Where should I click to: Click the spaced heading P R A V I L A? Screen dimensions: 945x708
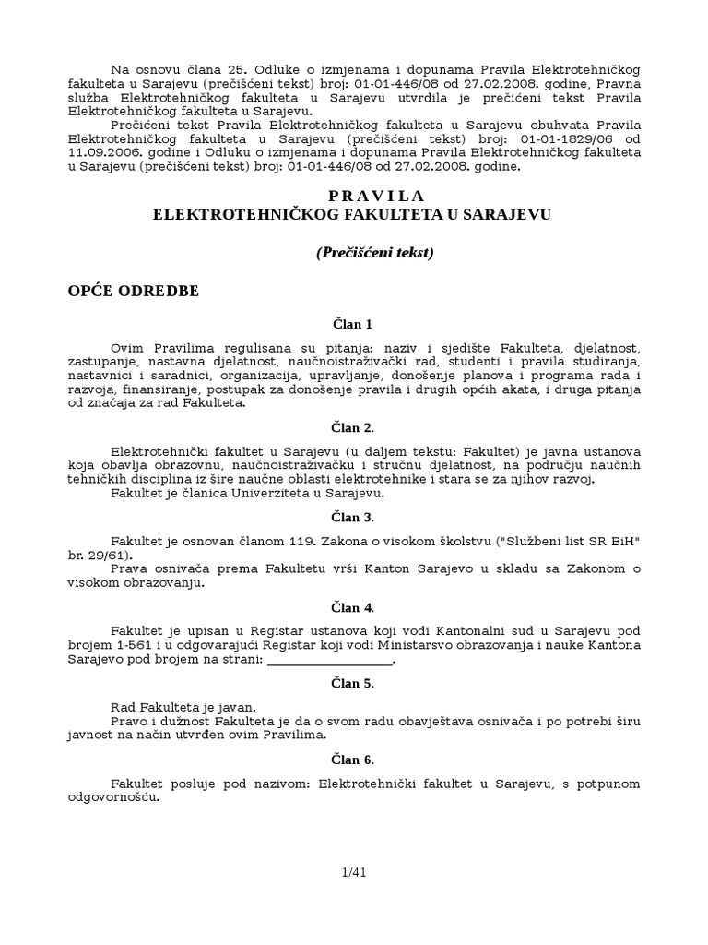pos(376,196)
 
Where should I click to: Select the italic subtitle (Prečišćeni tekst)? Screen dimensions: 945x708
pos(375,252)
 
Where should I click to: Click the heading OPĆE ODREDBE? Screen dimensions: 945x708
pos(133,291)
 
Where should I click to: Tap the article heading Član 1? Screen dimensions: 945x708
pos(353,325)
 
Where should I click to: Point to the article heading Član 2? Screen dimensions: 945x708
pos(353,427)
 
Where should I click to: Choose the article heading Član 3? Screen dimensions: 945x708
pos(353,518)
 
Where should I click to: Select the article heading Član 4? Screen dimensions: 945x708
pos(353,607)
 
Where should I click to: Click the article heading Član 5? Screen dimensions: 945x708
pos(353,684)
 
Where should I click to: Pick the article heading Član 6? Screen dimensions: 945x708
pos(353,760)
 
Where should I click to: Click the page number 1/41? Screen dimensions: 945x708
pos(354,870)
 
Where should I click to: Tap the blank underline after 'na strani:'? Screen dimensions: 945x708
pos(329,661)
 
